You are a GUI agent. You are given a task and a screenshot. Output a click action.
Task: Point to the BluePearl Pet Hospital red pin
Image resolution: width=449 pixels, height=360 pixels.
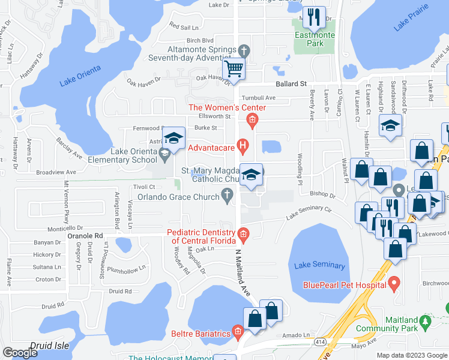point(394,282)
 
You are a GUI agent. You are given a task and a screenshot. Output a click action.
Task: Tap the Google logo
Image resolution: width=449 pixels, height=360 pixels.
point(20,352)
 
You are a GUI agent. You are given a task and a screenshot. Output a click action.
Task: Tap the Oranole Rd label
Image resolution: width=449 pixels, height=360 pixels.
point(85,236)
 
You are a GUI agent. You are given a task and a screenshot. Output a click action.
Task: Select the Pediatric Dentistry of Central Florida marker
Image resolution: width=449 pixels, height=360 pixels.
point(243,233)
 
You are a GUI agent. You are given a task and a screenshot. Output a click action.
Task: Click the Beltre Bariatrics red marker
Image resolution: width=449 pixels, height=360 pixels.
point(238,332)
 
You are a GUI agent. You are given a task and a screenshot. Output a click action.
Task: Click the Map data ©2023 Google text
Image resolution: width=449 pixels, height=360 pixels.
point(412,355)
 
